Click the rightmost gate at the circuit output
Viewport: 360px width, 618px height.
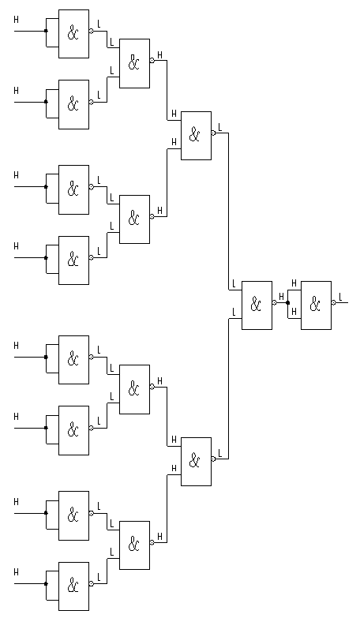pos(317,305)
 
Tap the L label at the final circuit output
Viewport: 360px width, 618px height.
pos(341,297)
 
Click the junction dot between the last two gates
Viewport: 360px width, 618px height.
pos(288,303)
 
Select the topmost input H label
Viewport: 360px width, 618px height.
pos(16,19)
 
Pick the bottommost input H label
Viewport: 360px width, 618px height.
pos(16,572)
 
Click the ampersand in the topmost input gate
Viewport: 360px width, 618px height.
pos(73,33)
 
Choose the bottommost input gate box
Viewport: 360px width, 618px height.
pos(73,586)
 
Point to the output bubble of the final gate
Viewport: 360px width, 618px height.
pos(334,303)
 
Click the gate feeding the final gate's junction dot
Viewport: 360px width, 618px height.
pos(257,305)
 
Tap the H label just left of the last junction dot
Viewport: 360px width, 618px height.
pos(281,297)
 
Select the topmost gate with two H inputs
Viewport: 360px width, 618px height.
pos(196,136)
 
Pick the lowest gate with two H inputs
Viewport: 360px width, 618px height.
pos(196,462)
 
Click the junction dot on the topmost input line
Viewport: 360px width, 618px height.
pos(46,31)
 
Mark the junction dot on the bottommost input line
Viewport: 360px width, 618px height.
pos(46,584)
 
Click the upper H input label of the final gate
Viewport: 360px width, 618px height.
pos(294,283)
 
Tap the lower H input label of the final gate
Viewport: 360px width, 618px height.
pos(294,312)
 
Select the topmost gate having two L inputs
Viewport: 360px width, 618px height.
pos(134,63)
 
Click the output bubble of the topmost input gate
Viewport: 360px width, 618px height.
pos(91,31)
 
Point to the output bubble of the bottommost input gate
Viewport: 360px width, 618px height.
pos(91,584)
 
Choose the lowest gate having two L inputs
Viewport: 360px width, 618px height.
pos(134,545)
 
